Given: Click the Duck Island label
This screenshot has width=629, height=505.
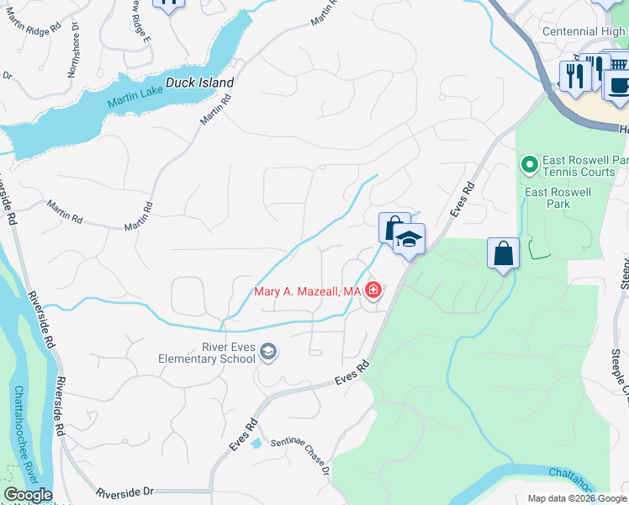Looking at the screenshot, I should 199,83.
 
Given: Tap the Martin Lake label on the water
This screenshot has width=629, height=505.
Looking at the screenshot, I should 135,103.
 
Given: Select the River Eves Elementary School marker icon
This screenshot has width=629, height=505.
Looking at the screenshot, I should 268,351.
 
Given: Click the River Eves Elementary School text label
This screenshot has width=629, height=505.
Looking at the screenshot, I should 207,353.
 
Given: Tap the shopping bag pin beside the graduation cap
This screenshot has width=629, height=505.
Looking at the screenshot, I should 393,227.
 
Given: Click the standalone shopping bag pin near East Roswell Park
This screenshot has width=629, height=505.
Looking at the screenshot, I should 503,252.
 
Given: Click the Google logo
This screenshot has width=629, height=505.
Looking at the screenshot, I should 28,495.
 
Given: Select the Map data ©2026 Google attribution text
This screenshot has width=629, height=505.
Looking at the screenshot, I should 576,498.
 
